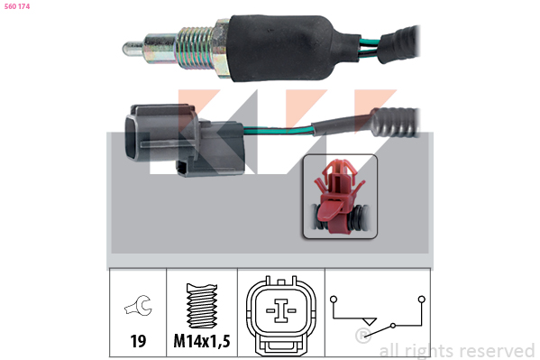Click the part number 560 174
click(x=17, y=6)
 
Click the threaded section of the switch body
click(x=196, y=48)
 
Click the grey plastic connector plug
click(x=184, y=140)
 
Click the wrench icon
click(x=139, y=305)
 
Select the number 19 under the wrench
click(x=138, y=341)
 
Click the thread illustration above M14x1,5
click(x=202, y=305)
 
